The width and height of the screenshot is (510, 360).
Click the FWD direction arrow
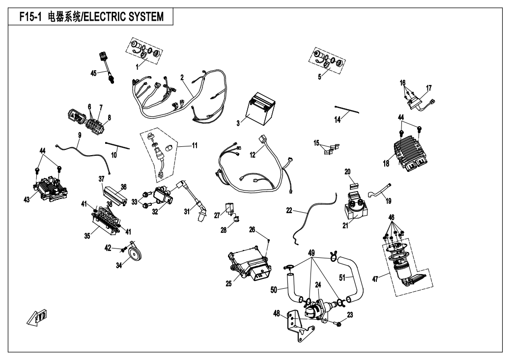click(37, 319)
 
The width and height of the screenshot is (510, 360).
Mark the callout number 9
click(79, 134)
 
